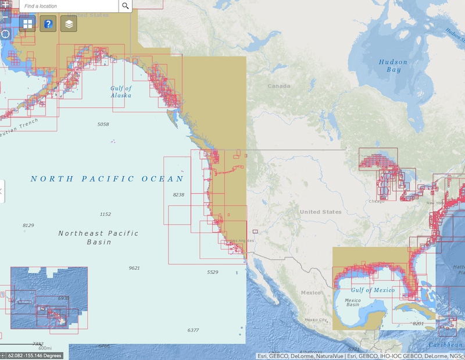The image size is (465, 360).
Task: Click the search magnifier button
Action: click(x=126, y=6)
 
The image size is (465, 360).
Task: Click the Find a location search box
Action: click(x=70, y=6)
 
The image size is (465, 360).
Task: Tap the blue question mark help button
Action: click(x=48, y=24)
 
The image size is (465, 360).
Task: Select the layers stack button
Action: click(x=69, y=24)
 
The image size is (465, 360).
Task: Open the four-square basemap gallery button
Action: click(x=27, y=24)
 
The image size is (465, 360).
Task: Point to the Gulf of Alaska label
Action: click(x=121, y=91)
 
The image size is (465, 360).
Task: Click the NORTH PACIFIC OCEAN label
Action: click(x=107, y=179)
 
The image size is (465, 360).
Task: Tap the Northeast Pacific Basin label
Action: click(x=98, y=237)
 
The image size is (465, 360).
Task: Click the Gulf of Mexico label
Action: click(x=373, y=290)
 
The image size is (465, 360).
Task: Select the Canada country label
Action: click(x=278, y=86)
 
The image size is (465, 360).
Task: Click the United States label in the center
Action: click(x=321, y=212)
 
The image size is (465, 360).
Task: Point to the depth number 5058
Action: click(x=103, y=124)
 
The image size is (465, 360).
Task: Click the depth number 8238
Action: click(x=178, y=195)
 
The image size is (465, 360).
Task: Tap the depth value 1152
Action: click(x=105, y=215)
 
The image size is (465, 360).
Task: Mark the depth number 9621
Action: click(x=134, y=268)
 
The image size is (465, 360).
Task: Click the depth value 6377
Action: click(x=193, y=330)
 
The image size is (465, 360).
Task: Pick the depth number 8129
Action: click(x=28, y=225)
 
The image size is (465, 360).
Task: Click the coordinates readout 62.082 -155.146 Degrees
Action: click(x=34, y=355)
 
